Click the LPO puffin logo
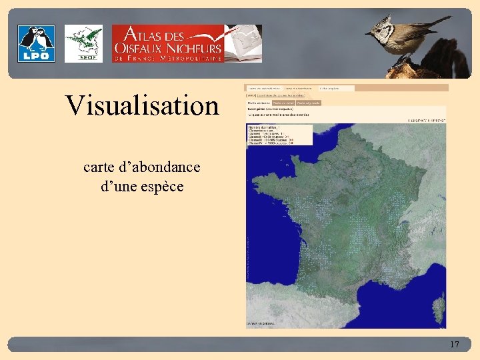point(36,43)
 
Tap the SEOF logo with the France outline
point(83,43)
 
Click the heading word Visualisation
point(142,105)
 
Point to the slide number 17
point(455,344)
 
